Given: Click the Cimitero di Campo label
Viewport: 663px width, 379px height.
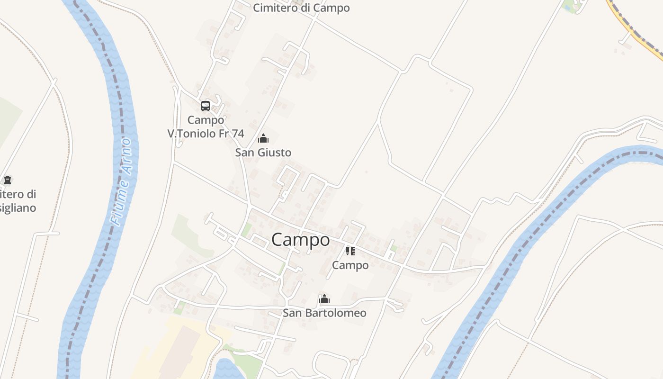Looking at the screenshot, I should (301, 8).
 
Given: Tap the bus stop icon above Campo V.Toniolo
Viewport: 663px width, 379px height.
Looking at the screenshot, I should (206, 106).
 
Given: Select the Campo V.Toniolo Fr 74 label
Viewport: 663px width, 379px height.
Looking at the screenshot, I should (206, 127).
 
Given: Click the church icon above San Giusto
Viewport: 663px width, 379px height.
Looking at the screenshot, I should (263, 138).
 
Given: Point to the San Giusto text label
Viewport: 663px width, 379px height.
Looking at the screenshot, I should (263, 153).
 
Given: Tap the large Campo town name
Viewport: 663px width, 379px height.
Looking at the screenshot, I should (301, 240).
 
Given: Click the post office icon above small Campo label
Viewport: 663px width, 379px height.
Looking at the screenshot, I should (350, 251).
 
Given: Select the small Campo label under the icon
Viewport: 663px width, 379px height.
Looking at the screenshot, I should (350, 265).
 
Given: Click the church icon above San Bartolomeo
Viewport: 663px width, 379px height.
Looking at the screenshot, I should (324, 299).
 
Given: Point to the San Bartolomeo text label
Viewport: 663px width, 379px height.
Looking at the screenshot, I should (324, 313).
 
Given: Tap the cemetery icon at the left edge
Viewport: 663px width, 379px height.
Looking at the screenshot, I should (8, 180).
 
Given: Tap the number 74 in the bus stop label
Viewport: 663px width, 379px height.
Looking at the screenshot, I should (238, 134).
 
